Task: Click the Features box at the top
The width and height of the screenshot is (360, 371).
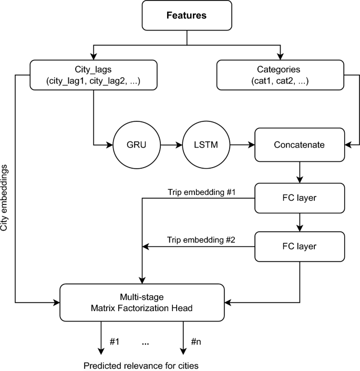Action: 187,15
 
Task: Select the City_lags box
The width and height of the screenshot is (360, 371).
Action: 94,75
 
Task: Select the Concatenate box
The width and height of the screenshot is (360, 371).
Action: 299,143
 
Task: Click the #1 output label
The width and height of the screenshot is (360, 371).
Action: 115,342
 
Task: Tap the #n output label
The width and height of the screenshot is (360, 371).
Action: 196,342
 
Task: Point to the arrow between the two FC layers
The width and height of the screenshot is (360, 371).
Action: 299,222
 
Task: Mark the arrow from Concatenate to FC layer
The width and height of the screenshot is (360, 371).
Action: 299,172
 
